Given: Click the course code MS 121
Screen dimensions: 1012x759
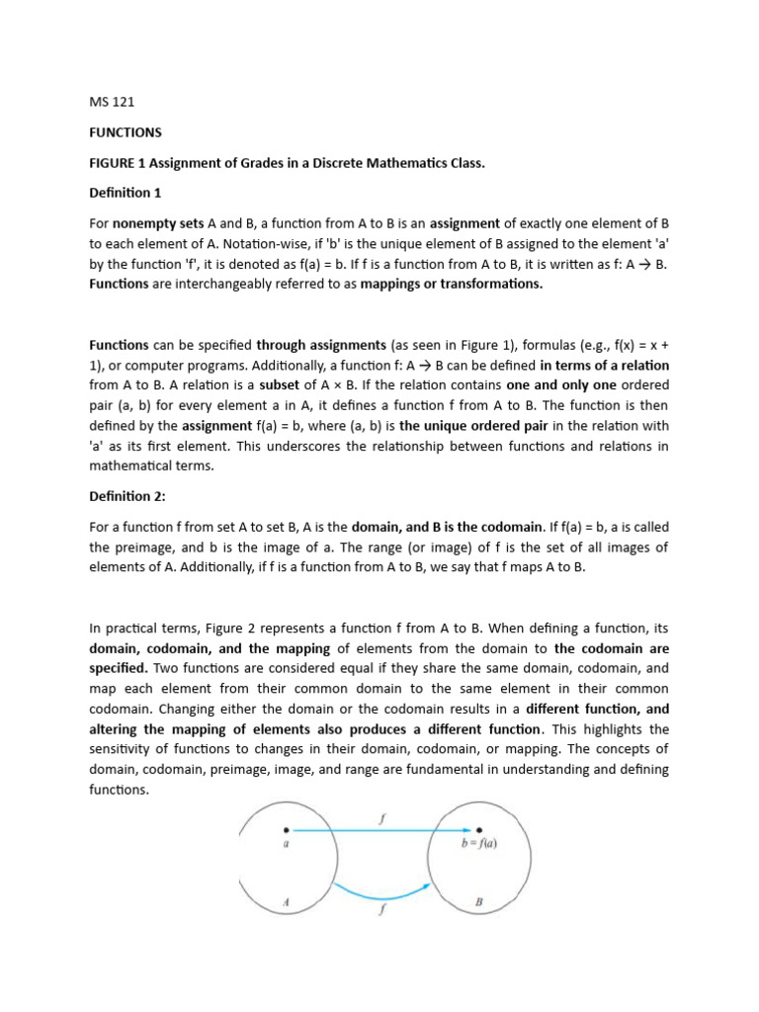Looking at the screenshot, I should pos(111,101).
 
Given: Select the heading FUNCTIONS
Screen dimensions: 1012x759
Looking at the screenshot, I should pos(126,131).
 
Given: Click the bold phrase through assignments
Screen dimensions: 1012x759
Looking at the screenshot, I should pos(321,346).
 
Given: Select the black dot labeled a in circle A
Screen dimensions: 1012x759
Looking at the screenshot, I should pos(286,830).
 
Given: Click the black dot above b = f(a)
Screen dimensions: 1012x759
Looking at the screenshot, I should pos(479,830).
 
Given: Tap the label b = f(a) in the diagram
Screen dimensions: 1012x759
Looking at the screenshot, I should pos(479,844).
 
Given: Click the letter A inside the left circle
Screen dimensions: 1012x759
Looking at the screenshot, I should pos(285,901).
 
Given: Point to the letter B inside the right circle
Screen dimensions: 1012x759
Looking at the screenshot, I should pos(479,902).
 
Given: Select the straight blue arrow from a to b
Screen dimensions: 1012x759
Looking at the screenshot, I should pos(380,831).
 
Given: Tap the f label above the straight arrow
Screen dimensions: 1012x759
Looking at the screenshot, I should pos(381,818).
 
